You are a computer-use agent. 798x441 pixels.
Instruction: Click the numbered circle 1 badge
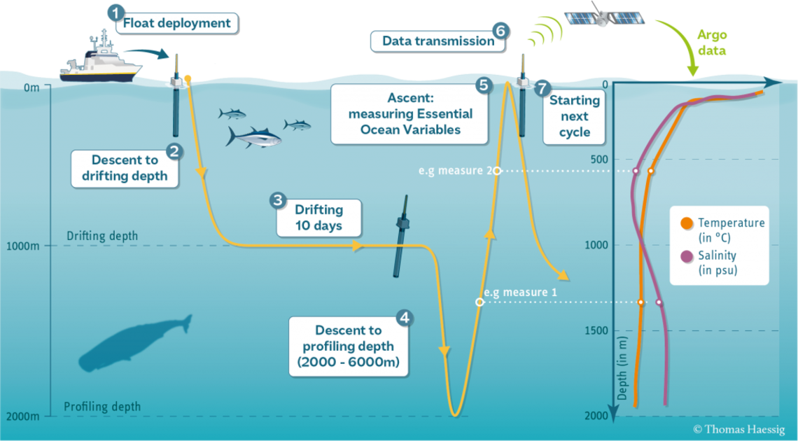click(x=116, y=13)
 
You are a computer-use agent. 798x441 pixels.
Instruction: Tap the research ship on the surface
click(x=101, y=57)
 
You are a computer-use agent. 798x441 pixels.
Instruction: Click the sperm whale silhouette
click(x=135, y=342)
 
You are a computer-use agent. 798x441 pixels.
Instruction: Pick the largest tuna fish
click(x=253, y=136)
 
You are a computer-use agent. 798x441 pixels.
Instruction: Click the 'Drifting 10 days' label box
click(x=319, y=218)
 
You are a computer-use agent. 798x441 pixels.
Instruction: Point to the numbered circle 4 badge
click(x=405, y=318)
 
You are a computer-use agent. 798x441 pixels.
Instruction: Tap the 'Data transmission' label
click(x=438, y=41)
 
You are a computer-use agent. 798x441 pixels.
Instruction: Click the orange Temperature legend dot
click(x=687, y=223)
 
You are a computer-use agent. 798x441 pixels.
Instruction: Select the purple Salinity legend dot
click(x=687, y=256)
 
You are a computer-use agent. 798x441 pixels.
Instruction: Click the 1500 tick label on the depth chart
click(x=596, y=330)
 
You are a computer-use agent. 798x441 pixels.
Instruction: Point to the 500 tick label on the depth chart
click(x=599, y=159)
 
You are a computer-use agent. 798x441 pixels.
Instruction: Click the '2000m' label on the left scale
click(x=22, y=416)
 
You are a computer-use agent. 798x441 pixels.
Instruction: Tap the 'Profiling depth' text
click(x=101, y=407)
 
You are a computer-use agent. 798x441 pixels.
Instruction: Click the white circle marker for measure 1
click(x=479, y=302)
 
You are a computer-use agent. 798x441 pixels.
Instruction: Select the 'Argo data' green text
click(x=711, y=43)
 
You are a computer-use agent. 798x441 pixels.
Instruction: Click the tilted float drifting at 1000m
click(x=402, y=236)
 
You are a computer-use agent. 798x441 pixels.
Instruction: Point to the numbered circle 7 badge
click(x=542, y=87)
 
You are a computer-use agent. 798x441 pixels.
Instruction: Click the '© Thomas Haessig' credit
click(x=738, y=430)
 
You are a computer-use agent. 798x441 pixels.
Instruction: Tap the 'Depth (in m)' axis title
click(x=622, y=367)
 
